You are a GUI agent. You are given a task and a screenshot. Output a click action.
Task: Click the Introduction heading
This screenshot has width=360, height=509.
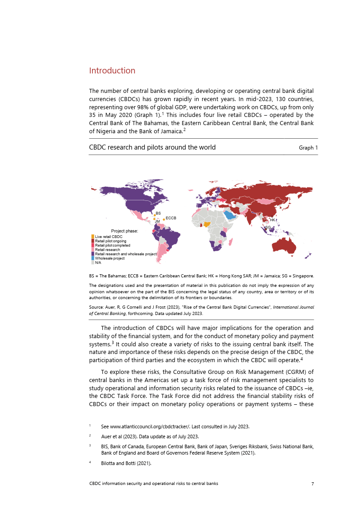112,71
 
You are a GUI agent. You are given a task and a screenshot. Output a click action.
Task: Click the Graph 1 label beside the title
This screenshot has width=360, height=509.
308,148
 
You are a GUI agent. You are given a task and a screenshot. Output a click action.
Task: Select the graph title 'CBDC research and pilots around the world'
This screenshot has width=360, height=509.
152,147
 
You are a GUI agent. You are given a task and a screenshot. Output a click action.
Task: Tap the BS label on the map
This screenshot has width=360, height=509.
158,213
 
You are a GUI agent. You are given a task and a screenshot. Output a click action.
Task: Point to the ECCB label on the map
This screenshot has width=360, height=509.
171,218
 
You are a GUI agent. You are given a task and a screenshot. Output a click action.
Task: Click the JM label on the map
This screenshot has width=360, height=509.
157,222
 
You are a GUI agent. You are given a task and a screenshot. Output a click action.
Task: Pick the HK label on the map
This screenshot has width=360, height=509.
272,220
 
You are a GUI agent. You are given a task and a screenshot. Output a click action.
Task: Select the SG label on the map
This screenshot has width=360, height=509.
268,228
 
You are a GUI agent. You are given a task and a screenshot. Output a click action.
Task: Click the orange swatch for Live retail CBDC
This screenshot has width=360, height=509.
93,237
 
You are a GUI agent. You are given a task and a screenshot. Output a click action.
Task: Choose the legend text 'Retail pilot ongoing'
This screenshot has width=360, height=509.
110,241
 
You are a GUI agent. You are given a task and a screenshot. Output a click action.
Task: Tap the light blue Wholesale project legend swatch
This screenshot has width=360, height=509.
93,258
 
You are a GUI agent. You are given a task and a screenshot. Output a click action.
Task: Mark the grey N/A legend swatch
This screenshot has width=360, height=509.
93,262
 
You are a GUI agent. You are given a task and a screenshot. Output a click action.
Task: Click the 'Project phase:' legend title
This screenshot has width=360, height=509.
125,231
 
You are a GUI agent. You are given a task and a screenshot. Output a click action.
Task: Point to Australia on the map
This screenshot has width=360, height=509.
285,245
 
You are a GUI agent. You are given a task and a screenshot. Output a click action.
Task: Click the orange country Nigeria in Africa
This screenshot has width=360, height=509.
207,224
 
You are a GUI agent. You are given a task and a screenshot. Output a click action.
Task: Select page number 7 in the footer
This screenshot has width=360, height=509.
312,484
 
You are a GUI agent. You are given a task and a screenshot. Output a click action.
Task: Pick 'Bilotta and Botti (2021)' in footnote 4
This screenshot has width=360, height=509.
126,463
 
